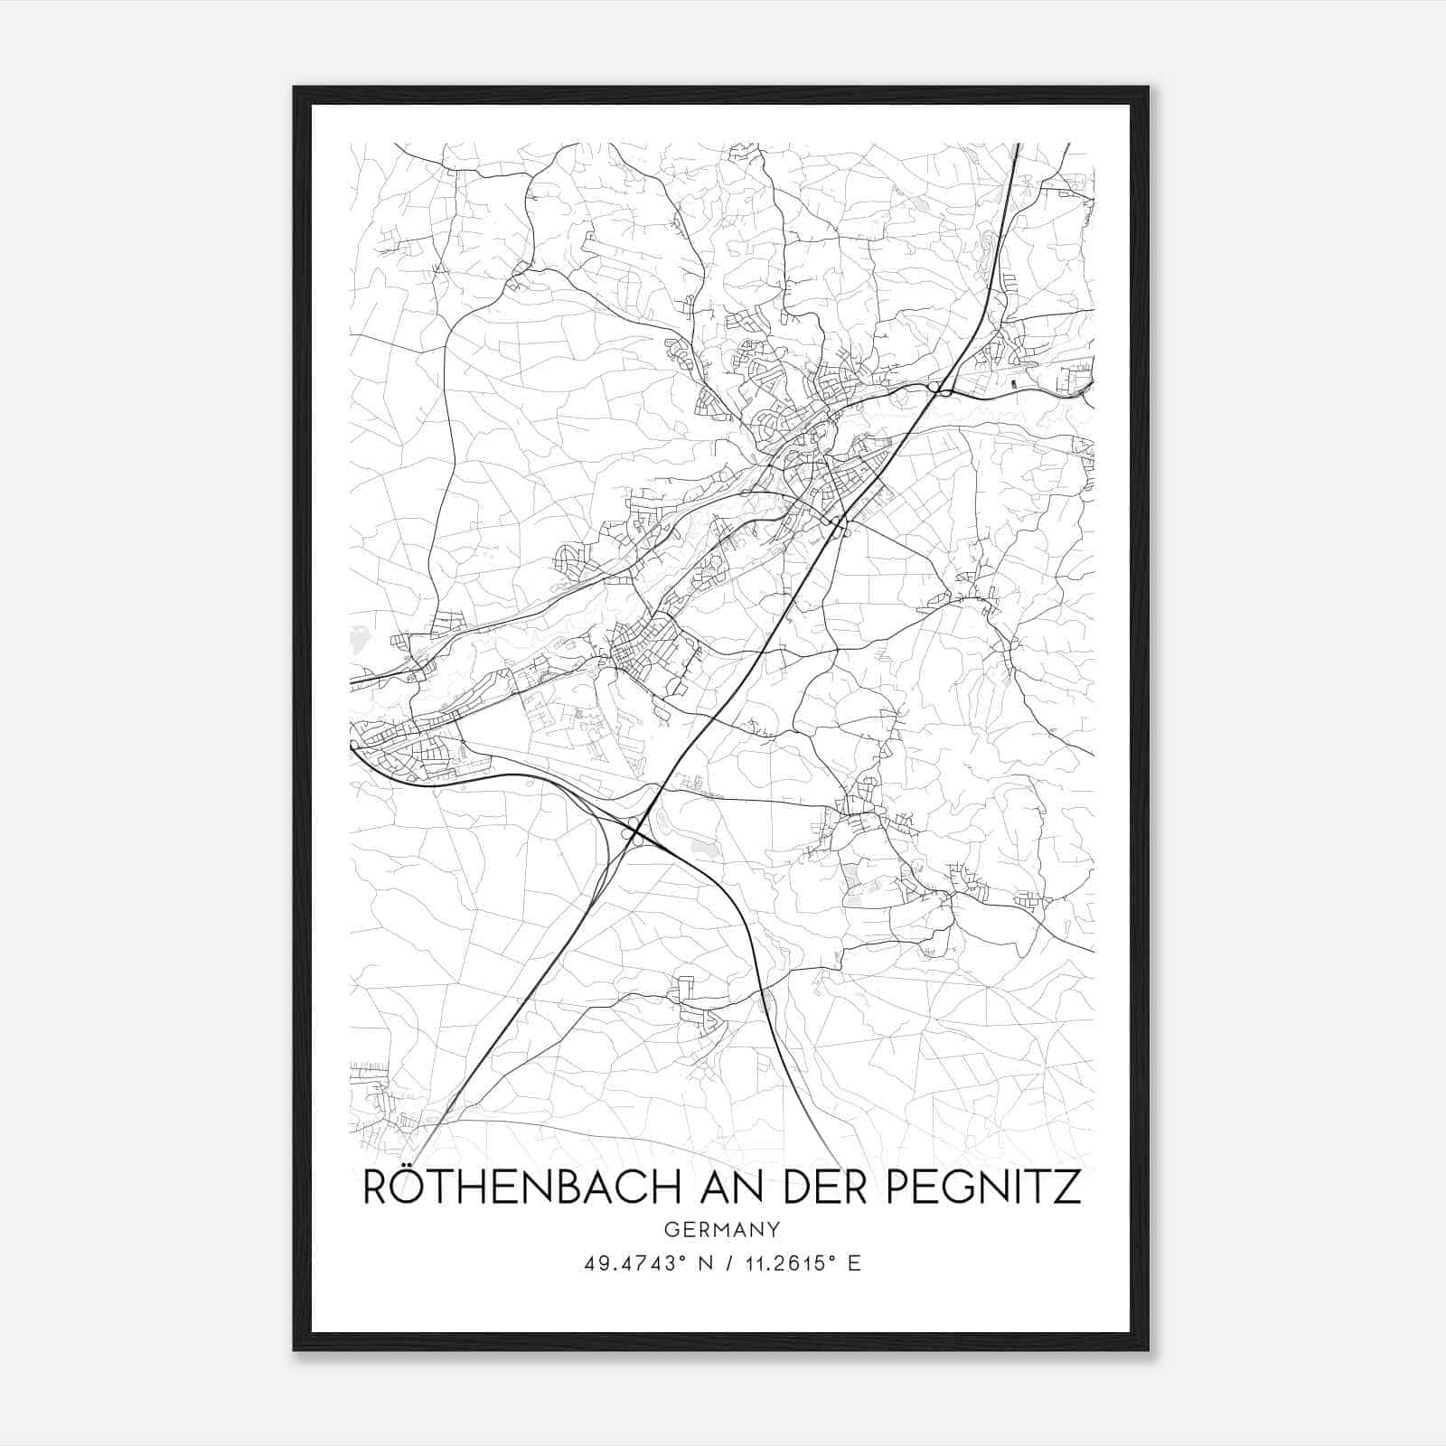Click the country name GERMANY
point(722,1229)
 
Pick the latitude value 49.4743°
point(629,1263)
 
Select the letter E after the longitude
point(854,1263)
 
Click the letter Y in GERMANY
point(774,1229)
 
